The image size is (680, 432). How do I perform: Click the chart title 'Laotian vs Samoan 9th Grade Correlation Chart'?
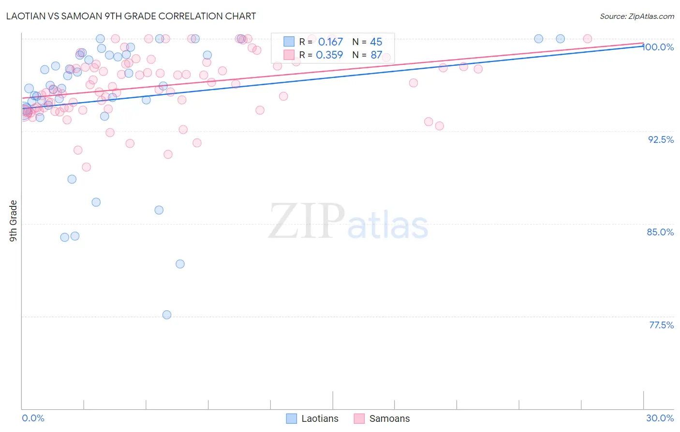[131, 16]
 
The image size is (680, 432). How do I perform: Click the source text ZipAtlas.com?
[636, 16]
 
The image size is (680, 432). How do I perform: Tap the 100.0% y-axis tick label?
[658, 47]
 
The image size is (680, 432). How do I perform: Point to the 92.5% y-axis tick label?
[661, 139]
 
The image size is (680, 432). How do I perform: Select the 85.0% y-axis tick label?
[660, 232]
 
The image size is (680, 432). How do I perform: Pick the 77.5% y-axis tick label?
[661, 325]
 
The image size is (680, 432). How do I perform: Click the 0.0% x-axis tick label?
[33, 418]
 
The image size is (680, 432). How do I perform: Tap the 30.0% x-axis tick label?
[660, 418]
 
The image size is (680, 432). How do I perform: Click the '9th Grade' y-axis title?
[13, 221]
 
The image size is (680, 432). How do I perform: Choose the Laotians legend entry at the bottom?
[312, 418]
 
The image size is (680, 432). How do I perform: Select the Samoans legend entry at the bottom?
[382, 418]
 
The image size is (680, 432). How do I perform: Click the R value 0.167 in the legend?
[330, 42]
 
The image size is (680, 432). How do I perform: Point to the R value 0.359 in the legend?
[329, 55]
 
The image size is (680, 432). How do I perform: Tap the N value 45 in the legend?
[376, 42]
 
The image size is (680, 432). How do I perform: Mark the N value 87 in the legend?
[376, 55]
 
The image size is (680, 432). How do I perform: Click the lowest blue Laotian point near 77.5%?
[167, 315]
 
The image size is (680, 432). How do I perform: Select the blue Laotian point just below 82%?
[180, 264]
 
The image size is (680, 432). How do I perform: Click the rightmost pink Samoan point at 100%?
[588, 39]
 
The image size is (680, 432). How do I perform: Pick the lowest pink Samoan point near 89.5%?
[87, 167]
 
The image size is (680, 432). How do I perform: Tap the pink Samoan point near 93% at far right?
[440, 126]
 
